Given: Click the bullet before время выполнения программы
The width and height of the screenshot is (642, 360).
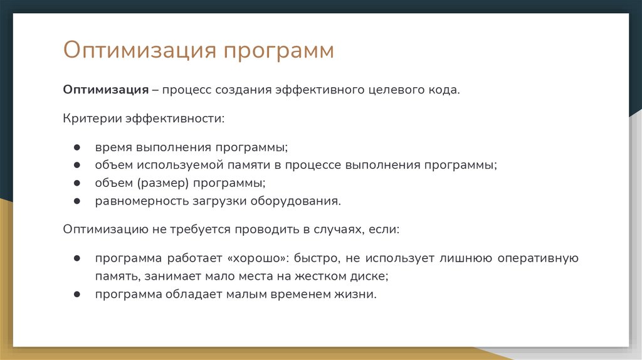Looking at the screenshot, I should click(x=76, y=147).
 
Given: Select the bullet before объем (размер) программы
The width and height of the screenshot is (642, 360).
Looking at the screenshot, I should click(x=76, y=183).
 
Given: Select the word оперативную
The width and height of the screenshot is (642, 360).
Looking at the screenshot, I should click(x=538, y=258).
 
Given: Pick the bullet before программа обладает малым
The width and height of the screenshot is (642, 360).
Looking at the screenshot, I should click(x=76, y=294).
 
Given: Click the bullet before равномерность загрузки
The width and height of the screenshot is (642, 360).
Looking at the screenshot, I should click(x=76, y=201).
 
